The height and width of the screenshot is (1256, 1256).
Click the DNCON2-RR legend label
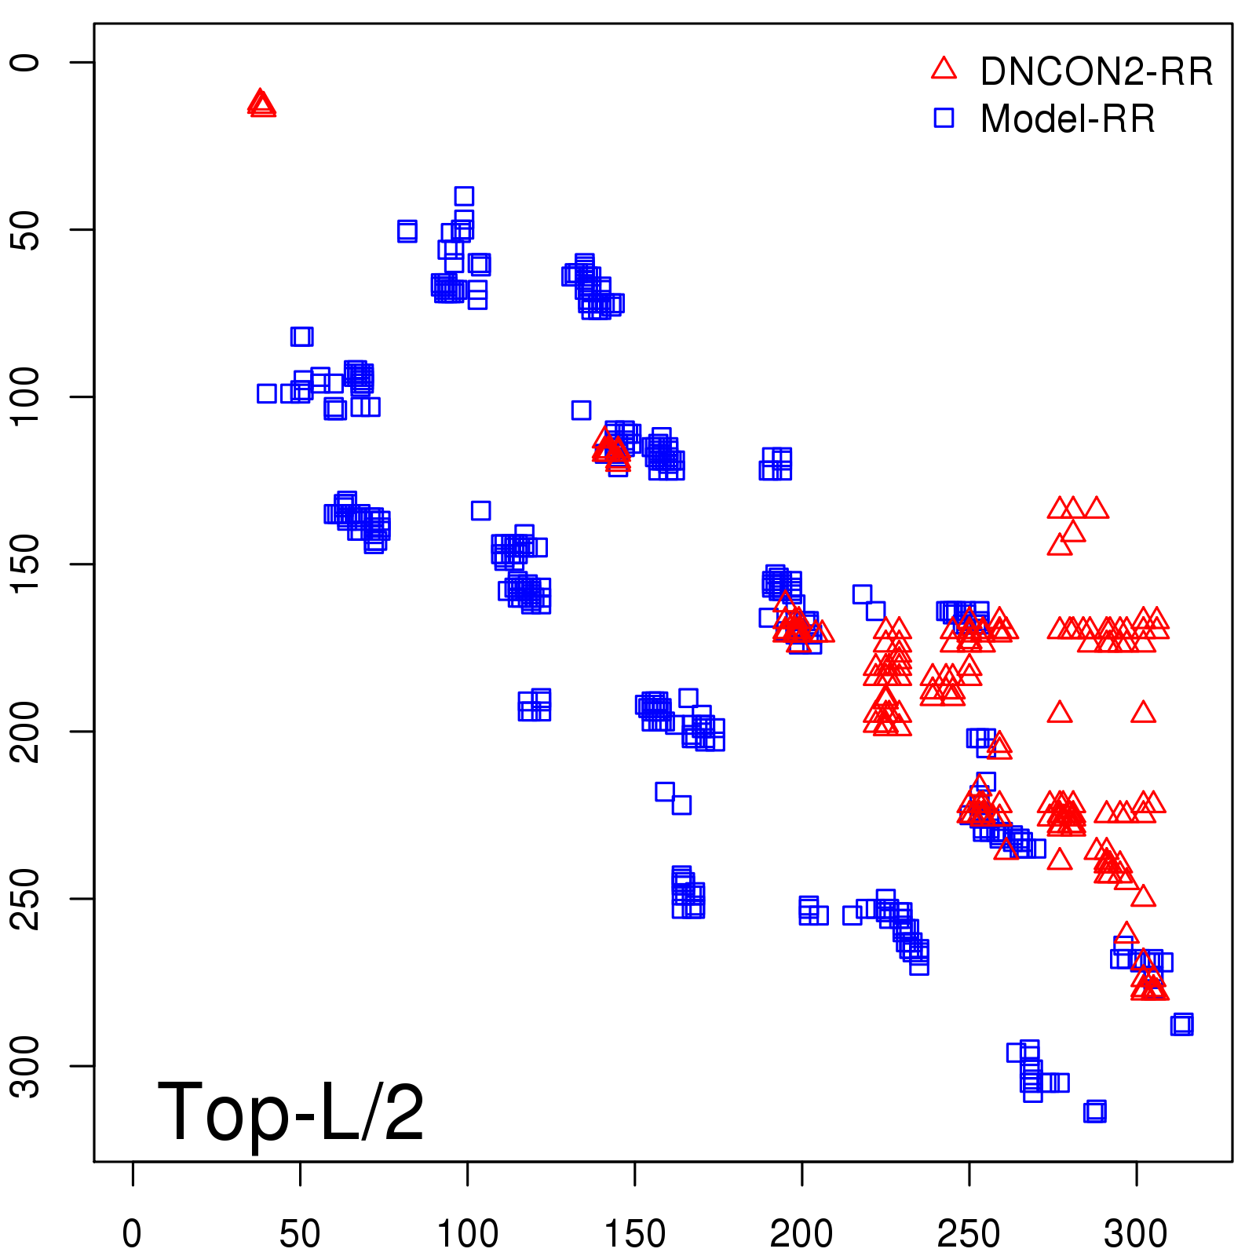pyautogui.click(x=1096, y=71)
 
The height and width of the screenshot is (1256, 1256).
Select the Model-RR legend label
pyautogui.click(x=1068, y=119)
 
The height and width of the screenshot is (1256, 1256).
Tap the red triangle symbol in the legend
pyautogui.click(x=944, y=68)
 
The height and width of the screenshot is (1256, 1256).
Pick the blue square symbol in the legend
pyautogui.click(x=944, y=118)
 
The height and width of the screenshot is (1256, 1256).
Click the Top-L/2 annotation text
pyautogui.click(x=290, y=1111)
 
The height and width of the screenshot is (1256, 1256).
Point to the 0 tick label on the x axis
pyautogui.click(x=132, y=1233)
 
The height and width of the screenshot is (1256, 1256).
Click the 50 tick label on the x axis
pyautogui.click(x=300, y=1233)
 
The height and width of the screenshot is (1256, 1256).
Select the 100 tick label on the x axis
pyautogui.click(x=467, y=1233)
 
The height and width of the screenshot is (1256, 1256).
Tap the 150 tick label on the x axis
pyautogui.click(x=634, y=1233)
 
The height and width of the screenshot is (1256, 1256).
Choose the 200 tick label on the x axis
pyautogui.click(x=801, y=1233)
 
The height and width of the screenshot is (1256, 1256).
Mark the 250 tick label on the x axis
pyautogui.click(x=969, y=1233)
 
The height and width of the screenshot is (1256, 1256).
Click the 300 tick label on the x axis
pyautogui.click(x=1136, y=1233)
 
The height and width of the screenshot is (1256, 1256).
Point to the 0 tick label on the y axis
pyautogui.click(x=26, y=62)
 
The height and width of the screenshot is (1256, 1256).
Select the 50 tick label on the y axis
pyautogui.click(x=26, y=229)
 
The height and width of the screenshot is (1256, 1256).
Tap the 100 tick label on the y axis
pyautogui.click(x=26, y=396)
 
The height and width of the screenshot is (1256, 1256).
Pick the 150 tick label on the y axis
pyautogui.click(x=26, y=564)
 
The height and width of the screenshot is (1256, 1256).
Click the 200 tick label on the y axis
pyautogui.click(x=26, y=731)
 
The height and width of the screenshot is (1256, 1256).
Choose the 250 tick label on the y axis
pyautogui.click(x=26, y=898)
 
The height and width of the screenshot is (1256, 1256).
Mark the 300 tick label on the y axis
pyautogui.click(x=26, y=1065)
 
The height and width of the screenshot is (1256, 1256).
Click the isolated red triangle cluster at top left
pyautogui.click(x=261, y=104)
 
